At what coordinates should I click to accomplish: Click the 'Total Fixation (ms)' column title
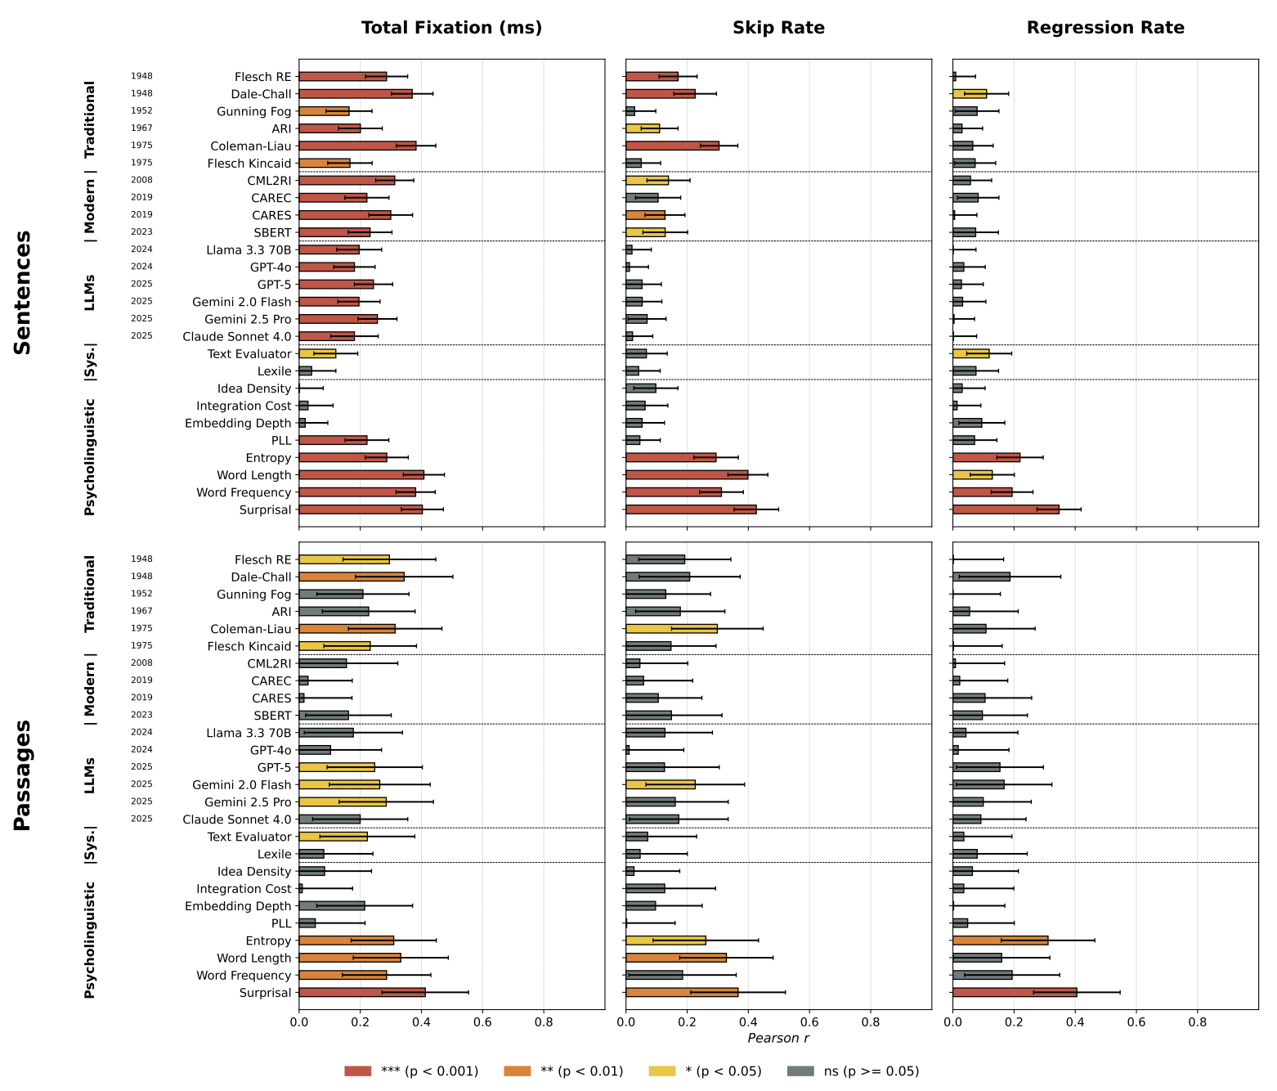click(451, 28)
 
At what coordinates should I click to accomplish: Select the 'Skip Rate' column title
click(778, 28)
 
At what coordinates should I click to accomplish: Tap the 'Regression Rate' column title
click(1105, 28)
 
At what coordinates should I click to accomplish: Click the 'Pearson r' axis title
click(778, 1039)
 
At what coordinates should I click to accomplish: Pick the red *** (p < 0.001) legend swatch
click(358, 1071)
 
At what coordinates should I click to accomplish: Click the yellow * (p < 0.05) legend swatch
click(661, 1071)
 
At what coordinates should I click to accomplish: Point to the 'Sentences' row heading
click(23, 292)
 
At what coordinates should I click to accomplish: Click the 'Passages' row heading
click(23, 774)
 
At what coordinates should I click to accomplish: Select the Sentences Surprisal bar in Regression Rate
click(1006, 510)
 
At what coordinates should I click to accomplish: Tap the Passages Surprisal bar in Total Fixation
click(361, 992)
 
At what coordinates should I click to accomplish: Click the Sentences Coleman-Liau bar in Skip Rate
click(672, 146)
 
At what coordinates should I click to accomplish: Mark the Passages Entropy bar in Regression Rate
click(1000, 941)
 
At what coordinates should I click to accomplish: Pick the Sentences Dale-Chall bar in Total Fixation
click(356, 94)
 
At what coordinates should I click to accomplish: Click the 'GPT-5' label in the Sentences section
click(274, 285)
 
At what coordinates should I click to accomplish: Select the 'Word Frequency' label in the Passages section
click(244, 976)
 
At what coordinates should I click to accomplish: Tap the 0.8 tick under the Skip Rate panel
click(870, 1021)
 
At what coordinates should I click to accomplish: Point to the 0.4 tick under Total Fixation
click(421, 1021)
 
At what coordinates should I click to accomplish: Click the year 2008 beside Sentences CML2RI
click(141, 180)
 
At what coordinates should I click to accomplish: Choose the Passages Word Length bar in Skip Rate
click(675, 958)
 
